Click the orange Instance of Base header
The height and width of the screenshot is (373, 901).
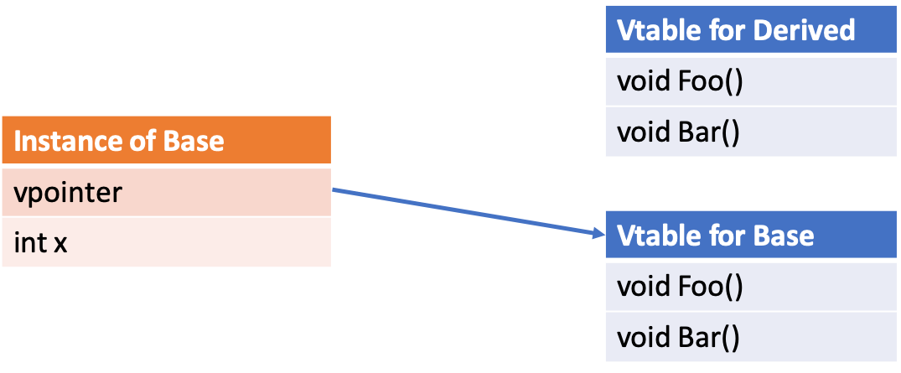(166, 140)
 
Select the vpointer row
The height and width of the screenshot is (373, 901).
(166, 193)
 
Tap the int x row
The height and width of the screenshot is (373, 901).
(166, 243)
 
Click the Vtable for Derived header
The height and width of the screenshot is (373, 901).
(752, 30)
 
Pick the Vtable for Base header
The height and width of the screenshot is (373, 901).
(752, 235)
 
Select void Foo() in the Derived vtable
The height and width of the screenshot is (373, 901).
(752, 81)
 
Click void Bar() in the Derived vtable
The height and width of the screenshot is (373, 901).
(752, 132)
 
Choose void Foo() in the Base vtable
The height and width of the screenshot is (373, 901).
(752, 287)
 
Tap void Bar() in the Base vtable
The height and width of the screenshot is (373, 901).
(752, 338)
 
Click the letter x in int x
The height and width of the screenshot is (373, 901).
(60, 244)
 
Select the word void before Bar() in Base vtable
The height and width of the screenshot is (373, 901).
(641, 338)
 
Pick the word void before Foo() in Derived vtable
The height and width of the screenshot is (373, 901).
(641, 81)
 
